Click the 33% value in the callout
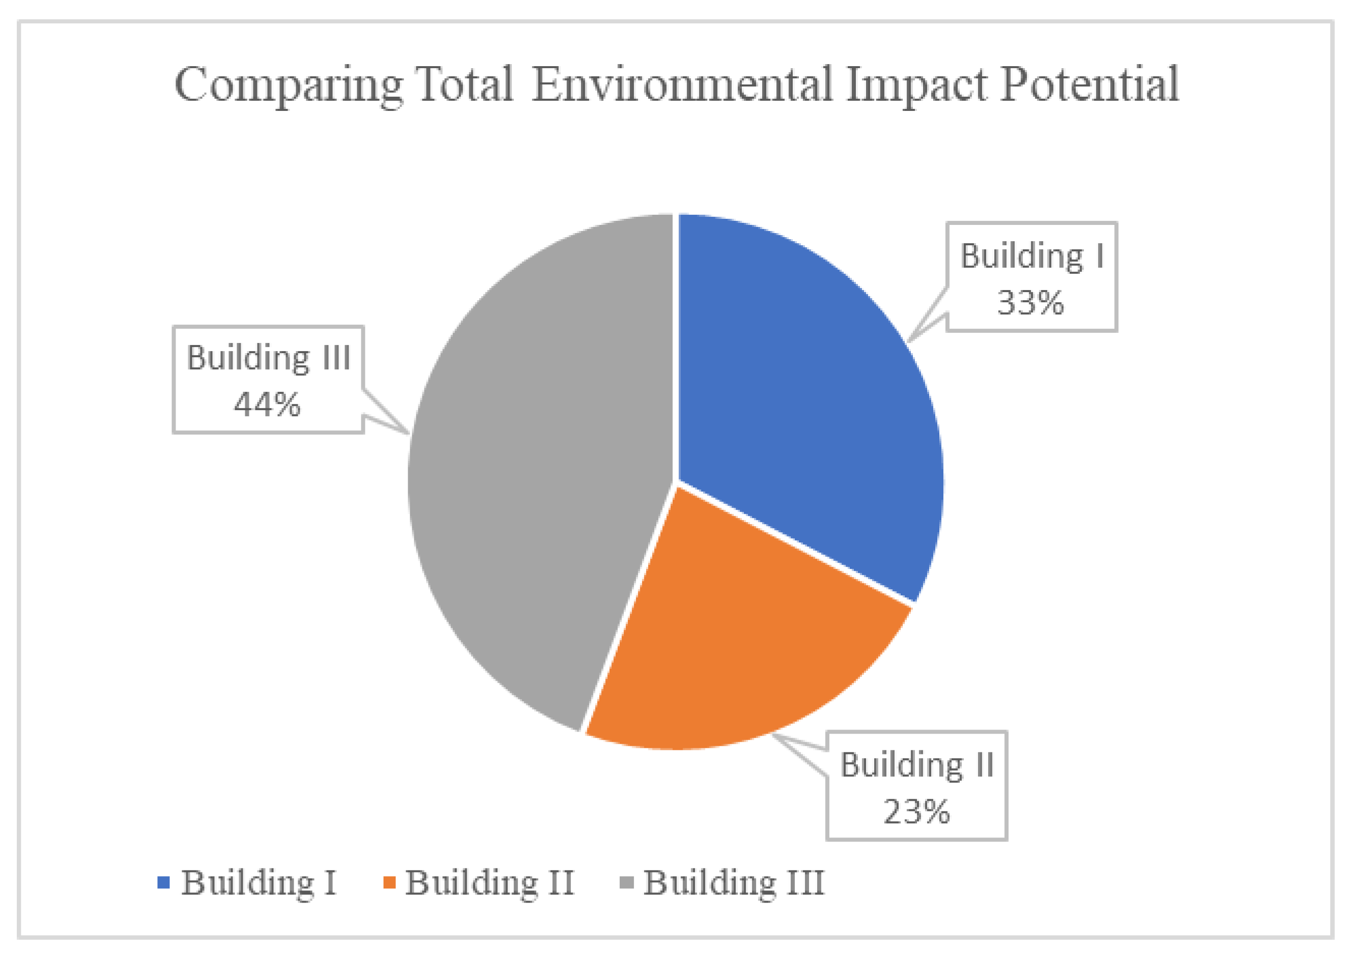point(1030,303)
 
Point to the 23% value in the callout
point(916,812)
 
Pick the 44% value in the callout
point(267,405)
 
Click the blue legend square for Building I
point(163,882)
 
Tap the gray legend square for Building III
point(627,882)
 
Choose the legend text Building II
point(489,883)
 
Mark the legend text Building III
point(734,883)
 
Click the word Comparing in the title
point(289,85)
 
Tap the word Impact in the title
point(916,85)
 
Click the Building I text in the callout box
point(1032,256)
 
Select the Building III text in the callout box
point(269,358)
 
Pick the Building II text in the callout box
point(917,765)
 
